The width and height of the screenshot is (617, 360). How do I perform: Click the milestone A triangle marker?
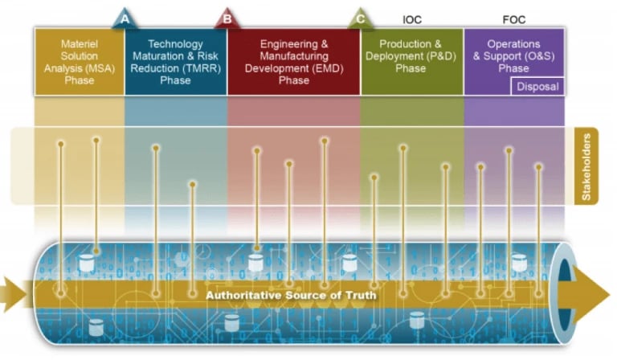[x=124, y=18]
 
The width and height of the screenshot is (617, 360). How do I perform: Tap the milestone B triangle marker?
[x=227, y=18]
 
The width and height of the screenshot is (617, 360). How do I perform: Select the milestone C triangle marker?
[x=361, y=18]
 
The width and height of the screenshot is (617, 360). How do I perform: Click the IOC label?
[x=411, y=18]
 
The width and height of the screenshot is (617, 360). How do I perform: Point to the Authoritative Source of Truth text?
[x=291, y=296]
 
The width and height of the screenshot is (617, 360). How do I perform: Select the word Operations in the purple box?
[x=513, y=43]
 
